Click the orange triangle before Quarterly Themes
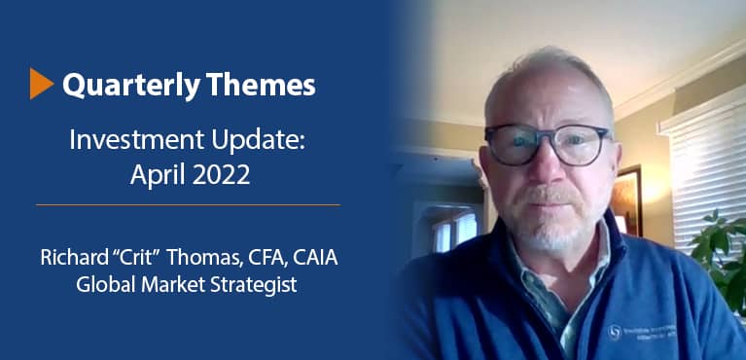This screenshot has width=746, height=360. [42, 85]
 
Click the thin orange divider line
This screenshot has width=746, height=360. [188, 204]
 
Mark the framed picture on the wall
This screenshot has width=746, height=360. [627, 198]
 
